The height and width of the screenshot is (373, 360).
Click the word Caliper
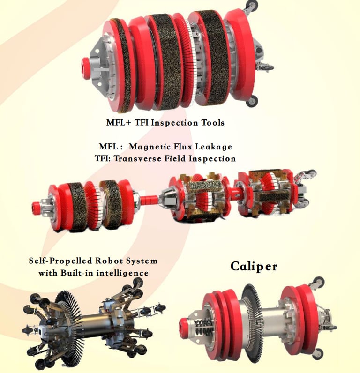tap(254, 266)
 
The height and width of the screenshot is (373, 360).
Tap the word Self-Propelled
tap(60, 261)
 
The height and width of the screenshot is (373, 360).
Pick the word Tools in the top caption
tap(213, 123)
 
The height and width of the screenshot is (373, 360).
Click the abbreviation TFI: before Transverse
tap(103, 158)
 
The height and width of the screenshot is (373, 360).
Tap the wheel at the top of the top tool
tap(252, 5)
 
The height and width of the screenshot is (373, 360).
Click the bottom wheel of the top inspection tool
tap(252, 101)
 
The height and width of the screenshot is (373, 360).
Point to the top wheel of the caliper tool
tap(318, 283)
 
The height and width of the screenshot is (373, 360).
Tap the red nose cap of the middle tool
tap(36, 206)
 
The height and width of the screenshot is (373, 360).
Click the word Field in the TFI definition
tap(175, 158)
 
